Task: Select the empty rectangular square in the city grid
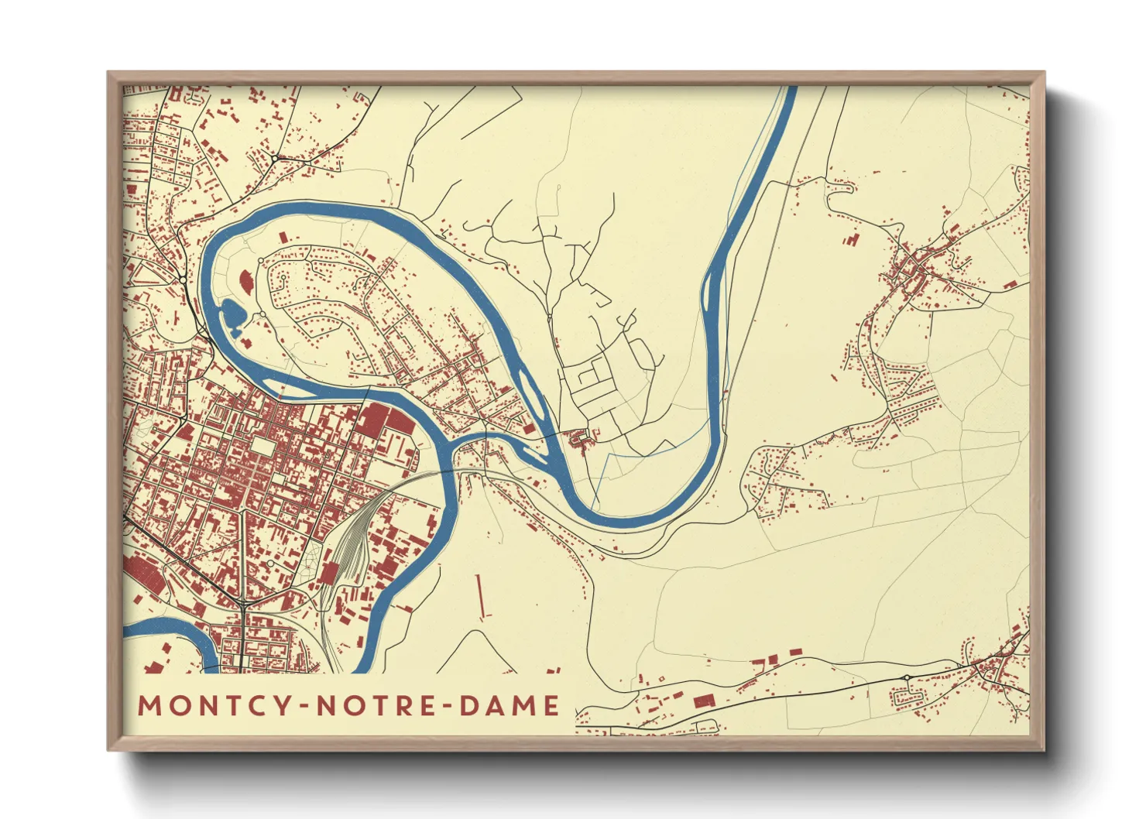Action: [x=263, y=447]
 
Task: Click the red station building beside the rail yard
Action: [x=330, y=574]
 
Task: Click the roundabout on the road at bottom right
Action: [x=907, y=677]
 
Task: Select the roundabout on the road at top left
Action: [x=275, y=159]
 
